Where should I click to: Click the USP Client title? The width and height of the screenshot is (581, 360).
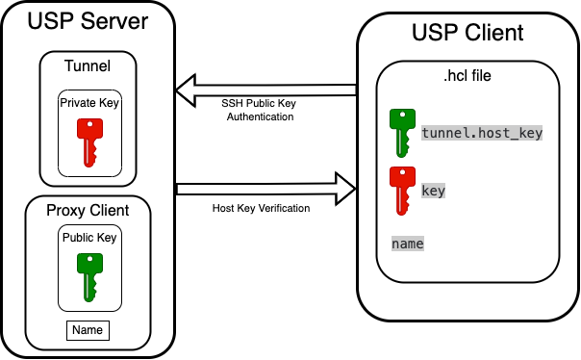(467, 33)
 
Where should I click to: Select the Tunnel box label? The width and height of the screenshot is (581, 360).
(88, 66)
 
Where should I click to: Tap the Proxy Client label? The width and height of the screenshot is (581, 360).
(88, 210)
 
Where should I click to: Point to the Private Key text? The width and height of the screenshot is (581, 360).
(89, 102)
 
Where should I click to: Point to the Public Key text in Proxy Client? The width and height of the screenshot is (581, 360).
(89, 238)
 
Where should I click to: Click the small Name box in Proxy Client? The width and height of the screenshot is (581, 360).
(88, 331)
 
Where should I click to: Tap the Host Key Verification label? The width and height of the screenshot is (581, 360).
(261, 208)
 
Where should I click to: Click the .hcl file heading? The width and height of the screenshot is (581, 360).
(468, 75)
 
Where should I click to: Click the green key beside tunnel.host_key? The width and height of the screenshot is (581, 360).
(401, 133)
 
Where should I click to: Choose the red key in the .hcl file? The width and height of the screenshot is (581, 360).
(401, 190)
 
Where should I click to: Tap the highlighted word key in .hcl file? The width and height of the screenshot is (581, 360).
(433, 191)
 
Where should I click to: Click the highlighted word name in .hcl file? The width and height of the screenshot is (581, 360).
(408, 244)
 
